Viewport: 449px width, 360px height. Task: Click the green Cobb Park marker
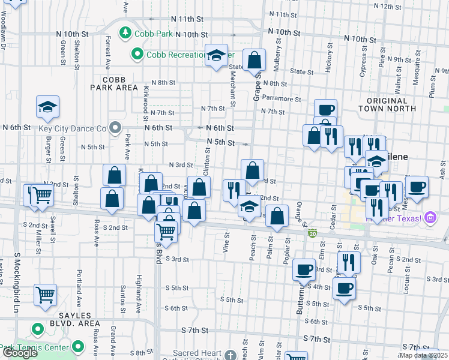tap(126, 32)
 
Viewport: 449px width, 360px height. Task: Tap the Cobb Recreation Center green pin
tap(137, 55)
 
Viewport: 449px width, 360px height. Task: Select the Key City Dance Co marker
tap(116, 128)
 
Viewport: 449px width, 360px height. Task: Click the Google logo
tap(20, 353)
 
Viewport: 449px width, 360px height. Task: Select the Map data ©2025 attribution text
tap(424, 355)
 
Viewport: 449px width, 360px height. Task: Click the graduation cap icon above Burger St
tap(47, 108)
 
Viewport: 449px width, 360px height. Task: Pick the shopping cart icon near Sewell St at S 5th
tap(46, 295)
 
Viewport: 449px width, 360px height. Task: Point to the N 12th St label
tap(387, 6)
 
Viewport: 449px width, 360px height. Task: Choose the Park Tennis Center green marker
tap(78, 346)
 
